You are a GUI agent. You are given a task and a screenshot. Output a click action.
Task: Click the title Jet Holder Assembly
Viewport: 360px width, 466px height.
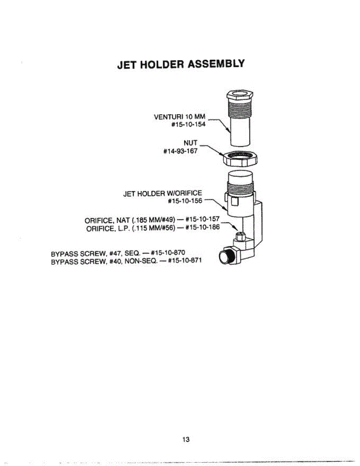coord(181,64)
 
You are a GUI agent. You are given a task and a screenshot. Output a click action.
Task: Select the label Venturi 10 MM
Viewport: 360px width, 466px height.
coord(182,116)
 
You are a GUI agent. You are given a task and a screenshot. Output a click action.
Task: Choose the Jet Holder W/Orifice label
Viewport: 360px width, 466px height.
coord(162,193)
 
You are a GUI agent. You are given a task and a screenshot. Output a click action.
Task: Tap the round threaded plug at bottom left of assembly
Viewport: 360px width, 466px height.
coord(225,257)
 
